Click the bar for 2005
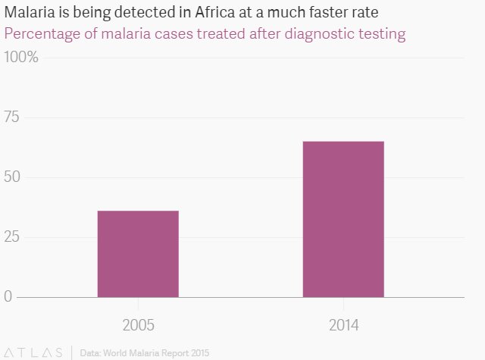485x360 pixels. click(x=138, y=254)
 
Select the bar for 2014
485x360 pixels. click(x=343, y=219)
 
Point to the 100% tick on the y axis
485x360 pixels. click(x=22, y=58)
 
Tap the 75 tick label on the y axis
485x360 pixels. click(x=13, y=117)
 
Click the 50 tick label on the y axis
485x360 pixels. click(x=14, y=177)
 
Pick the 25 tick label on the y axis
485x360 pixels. click(x=13, y=237)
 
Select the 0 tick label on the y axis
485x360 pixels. click(x=8, y=296)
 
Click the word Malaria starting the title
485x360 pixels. click(x=27, y=14)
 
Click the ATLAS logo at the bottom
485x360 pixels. click(x=34, y=352)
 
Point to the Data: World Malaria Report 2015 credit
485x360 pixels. click(x=144, y=352)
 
